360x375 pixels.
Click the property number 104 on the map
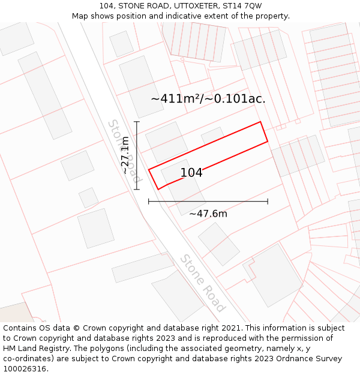(x=191, y=173)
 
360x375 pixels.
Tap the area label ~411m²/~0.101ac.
(x=208, y=98)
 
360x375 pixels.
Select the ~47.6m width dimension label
(x=208, y=214)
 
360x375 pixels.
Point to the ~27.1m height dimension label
(x=125, y=155)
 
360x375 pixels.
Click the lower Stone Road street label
(x=203, y=283)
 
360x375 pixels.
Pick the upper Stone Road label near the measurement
(x=124, y=150)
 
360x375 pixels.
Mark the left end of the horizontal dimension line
(x=149, y=202)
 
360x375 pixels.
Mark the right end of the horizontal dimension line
(x=268, y=202)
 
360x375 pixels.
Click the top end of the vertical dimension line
(x=137, y=122)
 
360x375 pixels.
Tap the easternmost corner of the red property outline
(x=268, y=142)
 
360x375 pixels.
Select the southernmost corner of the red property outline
(x=158, y=190)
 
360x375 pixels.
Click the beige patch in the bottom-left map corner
(x=15, y=313)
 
